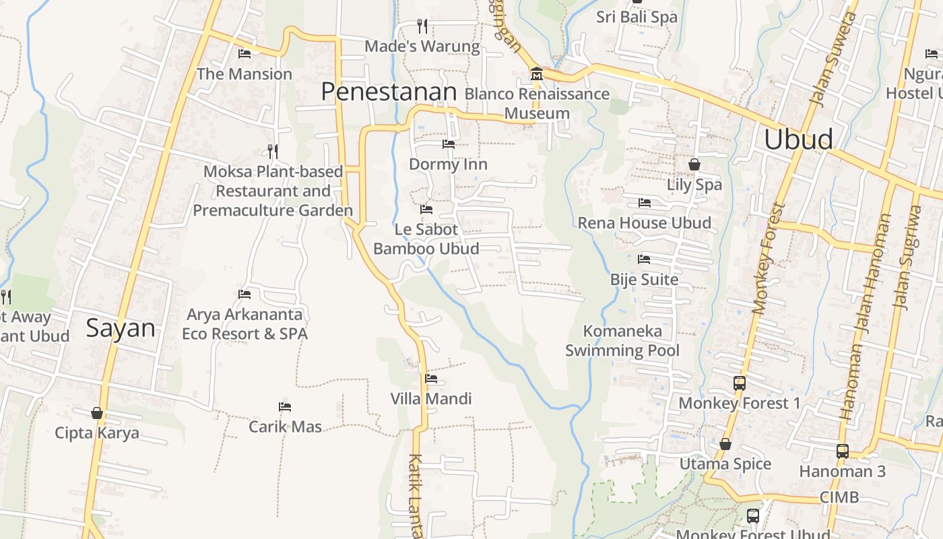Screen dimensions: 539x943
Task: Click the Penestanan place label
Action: coord(389,92)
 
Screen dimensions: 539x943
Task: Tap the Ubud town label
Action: coord(798,139)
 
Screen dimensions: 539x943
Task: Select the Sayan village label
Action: coord(121,328)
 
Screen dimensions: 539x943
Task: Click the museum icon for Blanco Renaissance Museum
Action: coord(536,73)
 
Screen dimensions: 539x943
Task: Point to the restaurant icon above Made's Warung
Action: coord(422,26)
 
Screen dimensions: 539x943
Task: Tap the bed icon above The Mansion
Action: coord(245,54)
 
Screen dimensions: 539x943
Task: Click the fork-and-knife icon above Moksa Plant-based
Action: coord(273,151)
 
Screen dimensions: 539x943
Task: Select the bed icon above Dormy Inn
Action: coord(448,144)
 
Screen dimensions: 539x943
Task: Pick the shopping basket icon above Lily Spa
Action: coord(694,164)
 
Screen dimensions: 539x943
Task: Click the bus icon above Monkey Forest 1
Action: coord(739,383)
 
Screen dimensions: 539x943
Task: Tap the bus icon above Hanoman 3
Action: coord(842,451)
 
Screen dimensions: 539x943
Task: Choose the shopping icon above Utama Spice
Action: coord(725,444)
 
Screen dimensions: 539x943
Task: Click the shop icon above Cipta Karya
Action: coord(97,413)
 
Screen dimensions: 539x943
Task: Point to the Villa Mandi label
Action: coord(431,398)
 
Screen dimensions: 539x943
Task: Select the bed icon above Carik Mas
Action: coord(285,407)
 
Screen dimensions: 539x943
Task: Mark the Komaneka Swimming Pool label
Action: coord(622,340)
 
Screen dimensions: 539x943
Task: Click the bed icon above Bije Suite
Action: coord(644,259)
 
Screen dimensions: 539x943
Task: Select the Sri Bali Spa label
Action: coord(637,17)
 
